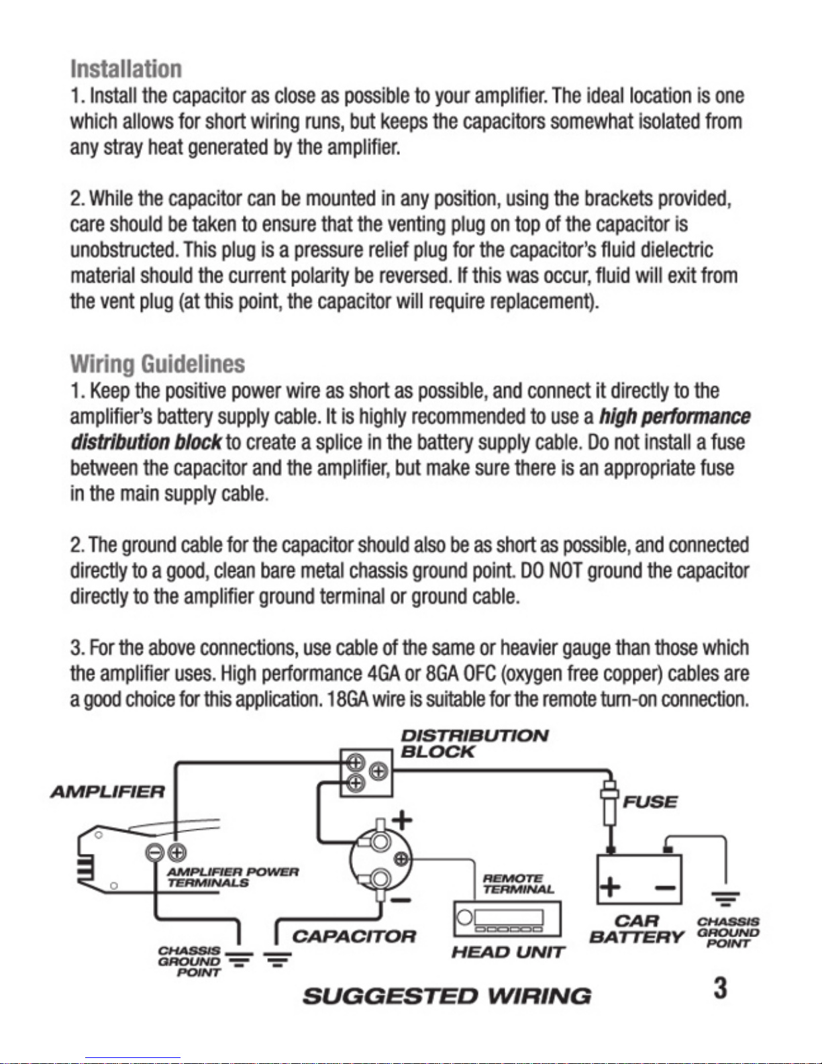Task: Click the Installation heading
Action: click(126, 69)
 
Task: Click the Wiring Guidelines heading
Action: click(158, 365)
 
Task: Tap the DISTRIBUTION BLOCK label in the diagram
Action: click(474, 744)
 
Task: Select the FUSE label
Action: click(650, 802)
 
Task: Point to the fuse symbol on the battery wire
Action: click(609, 803)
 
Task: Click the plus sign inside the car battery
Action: click(610, 887)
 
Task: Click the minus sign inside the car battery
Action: click(666, 887)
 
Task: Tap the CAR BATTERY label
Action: click(636, 929)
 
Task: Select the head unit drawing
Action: click(507, 919)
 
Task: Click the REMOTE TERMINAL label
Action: click(518, 883)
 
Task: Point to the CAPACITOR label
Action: click(354, 936)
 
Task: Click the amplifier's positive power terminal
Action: click(176, 853)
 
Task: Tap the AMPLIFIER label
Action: click(107, 792)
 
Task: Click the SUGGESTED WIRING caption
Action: click(447, 996)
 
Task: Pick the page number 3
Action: click(720, 988)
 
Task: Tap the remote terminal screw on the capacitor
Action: click(401, 859)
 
